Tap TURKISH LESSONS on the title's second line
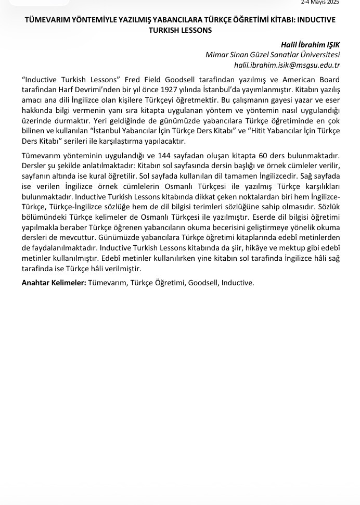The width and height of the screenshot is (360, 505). [181, 30]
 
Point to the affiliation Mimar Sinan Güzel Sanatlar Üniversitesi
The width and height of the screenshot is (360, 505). [273, 55]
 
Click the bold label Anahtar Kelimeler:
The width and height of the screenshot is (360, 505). [54, 283]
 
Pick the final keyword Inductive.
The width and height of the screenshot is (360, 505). [237, 283]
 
